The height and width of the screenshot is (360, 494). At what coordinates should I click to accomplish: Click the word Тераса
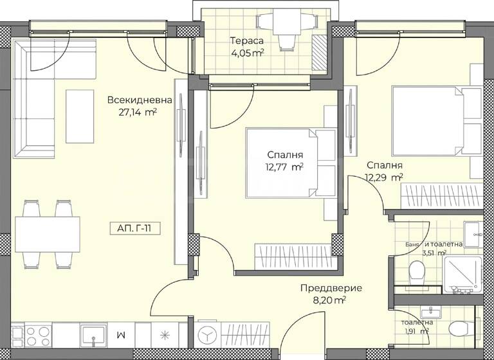coord(248,40)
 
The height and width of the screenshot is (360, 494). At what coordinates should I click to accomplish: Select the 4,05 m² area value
coord(248,53)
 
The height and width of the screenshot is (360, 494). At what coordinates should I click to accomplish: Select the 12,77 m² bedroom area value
coord(285,167)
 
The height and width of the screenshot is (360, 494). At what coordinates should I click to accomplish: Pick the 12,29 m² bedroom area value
coord(385,177)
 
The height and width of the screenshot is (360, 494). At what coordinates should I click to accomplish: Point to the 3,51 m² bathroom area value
coord(434,253)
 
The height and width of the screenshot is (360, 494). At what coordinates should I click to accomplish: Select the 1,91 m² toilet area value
coord(416,332)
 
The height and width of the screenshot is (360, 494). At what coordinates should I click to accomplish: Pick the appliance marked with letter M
coord(120,336)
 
